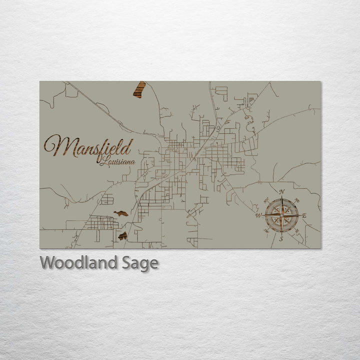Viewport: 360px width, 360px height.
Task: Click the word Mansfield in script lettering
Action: (x=88, y=146)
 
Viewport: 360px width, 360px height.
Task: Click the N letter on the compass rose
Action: (x=281, y=192)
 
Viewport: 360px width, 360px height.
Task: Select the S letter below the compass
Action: (x=281, y=239)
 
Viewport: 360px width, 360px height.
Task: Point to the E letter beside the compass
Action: (x=305, y=215)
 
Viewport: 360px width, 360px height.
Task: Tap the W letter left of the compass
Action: (x=258, y=216)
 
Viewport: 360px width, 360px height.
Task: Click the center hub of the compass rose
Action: (x=281, y=215)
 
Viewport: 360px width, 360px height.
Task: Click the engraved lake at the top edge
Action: (x=139, y=89)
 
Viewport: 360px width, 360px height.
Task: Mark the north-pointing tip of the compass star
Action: (x=281, y=197)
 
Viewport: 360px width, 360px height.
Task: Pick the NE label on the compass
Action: (x=297, y=200)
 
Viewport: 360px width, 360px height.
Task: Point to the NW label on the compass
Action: (x=265, y=200)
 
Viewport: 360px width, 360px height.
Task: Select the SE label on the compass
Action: (x=297, y=231)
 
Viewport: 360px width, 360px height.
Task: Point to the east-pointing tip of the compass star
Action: (x=299, y=215)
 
